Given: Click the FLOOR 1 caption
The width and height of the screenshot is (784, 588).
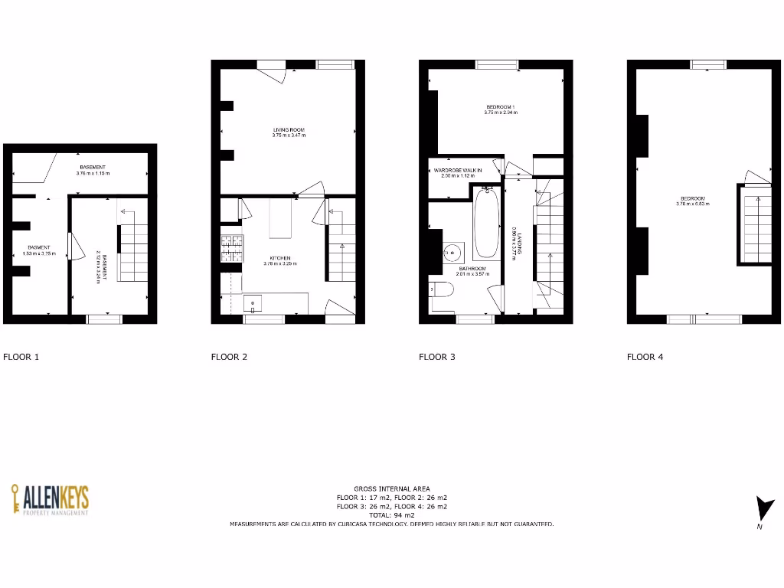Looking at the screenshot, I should [x=21, y=356].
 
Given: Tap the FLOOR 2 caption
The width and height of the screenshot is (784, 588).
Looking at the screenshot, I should [x=229, y=356].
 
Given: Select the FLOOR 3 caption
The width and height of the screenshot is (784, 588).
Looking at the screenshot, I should [x=437, y=356].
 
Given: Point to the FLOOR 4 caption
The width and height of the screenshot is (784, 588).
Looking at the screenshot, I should [x=645, y=356].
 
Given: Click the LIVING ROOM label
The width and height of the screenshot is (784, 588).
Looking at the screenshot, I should [x=289, y=130].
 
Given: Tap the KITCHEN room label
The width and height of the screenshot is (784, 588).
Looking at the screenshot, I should [x=279, y=259].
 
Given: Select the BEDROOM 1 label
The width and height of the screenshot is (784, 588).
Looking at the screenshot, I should [x=501, y=106].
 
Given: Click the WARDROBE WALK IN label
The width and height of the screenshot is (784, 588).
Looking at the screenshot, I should [x=458, y=170].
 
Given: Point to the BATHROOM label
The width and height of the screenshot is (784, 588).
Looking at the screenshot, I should [x=472, y=269].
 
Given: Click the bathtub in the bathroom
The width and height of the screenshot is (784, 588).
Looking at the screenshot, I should [x=487, y=223].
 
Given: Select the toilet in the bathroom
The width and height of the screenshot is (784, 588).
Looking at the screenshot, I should [x=442, y=290].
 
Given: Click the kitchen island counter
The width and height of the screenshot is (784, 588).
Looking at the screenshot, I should [x=282, y=219].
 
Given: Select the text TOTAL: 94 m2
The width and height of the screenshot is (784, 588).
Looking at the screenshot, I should [x=391, y=515].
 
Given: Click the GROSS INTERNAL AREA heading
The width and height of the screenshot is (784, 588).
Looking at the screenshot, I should [x=391, y=488].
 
